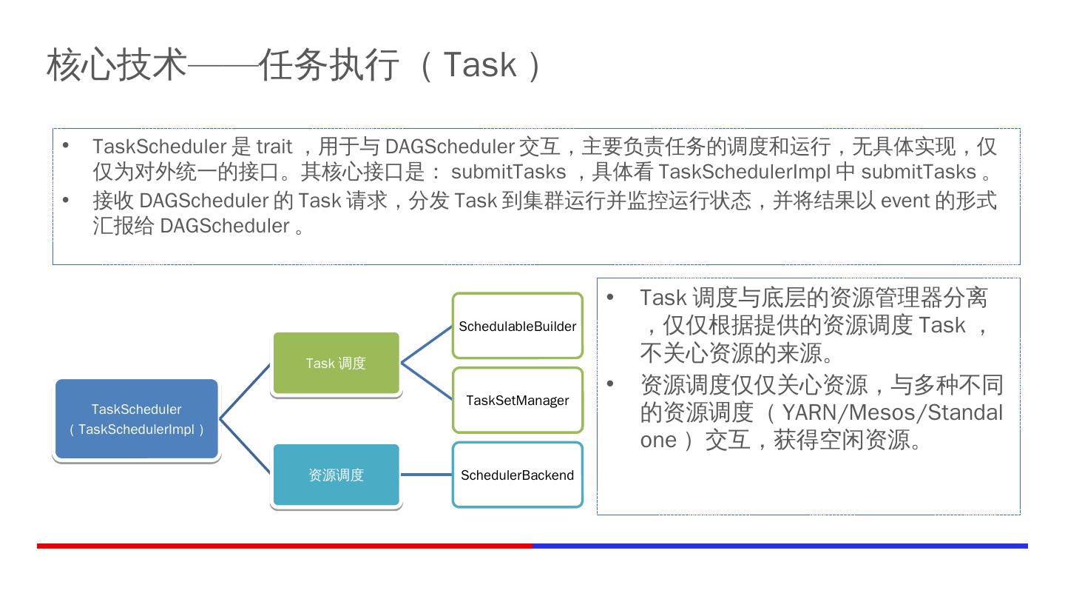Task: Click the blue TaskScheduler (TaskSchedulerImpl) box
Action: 137,419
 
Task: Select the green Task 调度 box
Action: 336,363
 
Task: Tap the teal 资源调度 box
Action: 336,475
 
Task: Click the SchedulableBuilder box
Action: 517,326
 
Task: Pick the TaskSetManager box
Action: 517,400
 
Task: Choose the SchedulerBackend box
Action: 517,475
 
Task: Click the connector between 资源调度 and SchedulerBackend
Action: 426,475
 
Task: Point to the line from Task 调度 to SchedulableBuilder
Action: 427,344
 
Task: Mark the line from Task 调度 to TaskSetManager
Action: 427,381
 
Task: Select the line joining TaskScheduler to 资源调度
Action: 246,446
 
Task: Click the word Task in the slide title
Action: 479,64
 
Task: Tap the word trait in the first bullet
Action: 274,147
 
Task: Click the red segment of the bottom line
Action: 285,546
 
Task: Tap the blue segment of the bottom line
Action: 780,546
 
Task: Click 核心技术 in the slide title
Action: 117,64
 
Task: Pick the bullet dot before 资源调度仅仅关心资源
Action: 610,384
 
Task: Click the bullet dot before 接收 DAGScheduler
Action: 66,200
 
